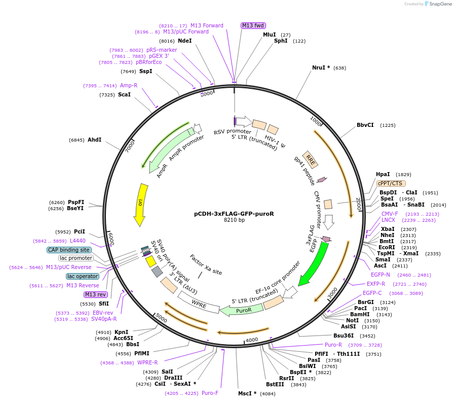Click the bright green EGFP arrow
[x=313, y=264]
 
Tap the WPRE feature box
[x=199, y=304]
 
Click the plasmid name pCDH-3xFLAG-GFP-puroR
[x=234, y=214]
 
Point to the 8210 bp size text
[x=234, y=220]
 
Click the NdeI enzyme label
[x=185, y=41]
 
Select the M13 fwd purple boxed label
[x=253, y=25]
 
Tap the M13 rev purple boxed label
[x=96, y=294]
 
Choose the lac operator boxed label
[x=82, y=276]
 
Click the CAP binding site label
[x=69, y=250]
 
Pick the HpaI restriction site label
[x=383, y=174]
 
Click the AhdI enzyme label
[x=95, y=140]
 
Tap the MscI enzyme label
[x=247, y=393]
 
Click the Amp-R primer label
[x=129, y=85]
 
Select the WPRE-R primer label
[x=147, y=362]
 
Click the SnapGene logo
[x=437, y=4]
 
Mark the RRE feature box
[x=310, y=159]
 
